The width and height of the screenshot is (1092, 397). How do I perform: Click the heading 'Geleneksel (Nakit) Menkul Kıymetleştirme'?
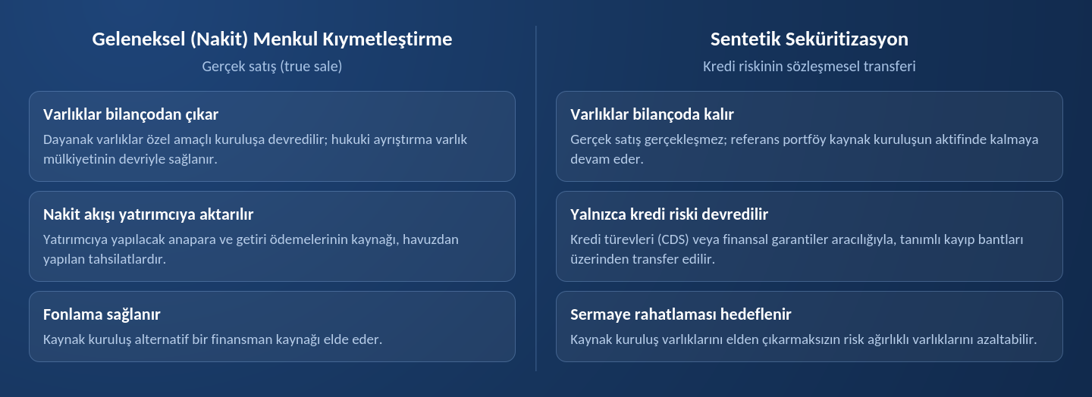click(272, 39)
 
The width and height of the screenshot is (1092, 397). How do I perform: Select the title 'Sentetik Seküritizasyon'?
click(809, 39)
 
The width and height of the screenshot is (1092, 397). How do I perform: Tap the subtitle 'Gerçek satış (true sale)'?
click(272, 66)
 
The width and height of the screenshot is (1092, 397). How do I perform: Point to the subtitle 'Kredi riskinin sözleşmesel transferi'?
click(809, 66)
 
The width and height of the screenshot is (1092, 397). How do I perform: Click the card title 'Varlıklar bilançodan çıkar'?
click(130, 114)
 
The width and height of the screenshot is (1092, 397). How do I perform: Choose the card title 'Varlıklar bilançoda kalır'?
click(652, 114)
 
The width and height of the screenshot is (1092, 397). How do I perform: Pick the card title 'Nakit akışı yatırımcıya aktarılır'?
click(148, 214)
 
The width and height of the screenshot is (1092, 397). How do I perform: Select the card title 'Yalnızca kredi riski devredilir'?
click(670, 214)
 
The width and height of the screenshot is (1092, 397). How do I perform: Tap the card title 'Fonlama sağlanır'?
click(102, 314)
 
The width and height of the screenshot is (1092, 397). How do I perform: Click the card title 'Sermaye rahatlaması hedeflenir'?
click(680, 314)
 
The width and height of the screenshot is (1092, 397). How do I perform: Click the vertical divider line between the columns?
click(535, 198)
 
